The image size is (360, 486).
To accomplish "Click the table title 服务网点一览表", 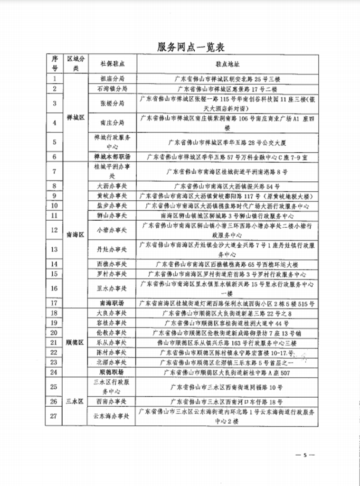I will (x=190, y=47).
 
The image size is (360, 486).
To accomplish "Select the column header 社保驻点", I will (x=113, y=63).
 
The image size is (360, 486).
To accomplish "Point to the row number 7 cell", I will (x=55, y=171).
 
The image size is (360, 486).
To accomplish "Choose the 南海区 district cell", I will (x=76, y=234).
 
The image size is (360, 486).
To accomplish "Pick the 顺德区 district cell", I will (x=76, y=342).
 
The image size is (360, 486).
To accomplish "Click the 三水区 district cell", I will (x=76, y=401).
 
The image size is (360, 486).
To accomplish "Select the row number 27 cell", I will (x=55, y=416).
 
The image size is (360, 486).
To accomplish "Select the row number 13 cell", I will (x=55, y=249).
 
